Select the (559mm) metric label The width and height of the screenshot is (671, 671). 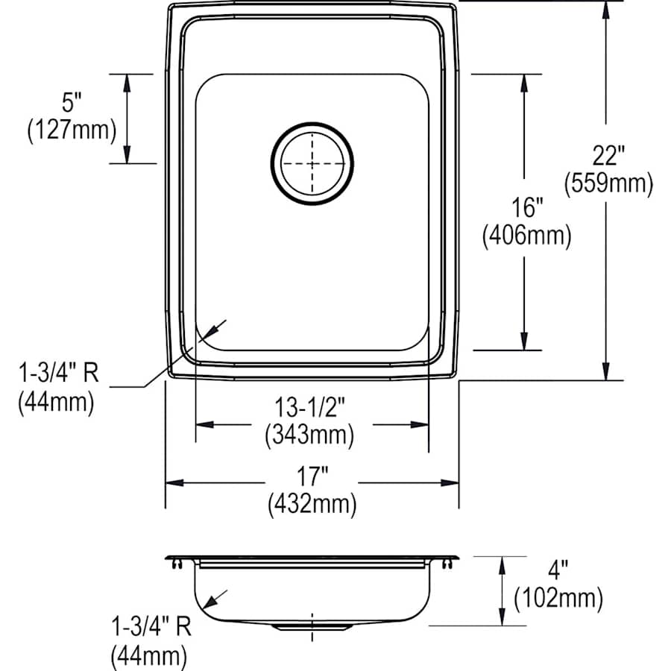click(x=608, y=183)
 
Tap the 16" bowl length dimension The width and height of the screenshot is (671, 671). click(x=526, y=210)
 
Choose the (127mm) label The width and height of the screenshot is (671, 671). click(x=72, y=130)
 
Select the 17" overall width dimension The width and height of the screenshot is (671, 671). click(x=312, y=476)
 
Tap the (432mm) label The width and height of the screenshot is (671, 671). click(x=312, y=505)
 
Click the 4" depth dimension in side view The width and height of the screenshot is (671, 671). click(x=558, y=570)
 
